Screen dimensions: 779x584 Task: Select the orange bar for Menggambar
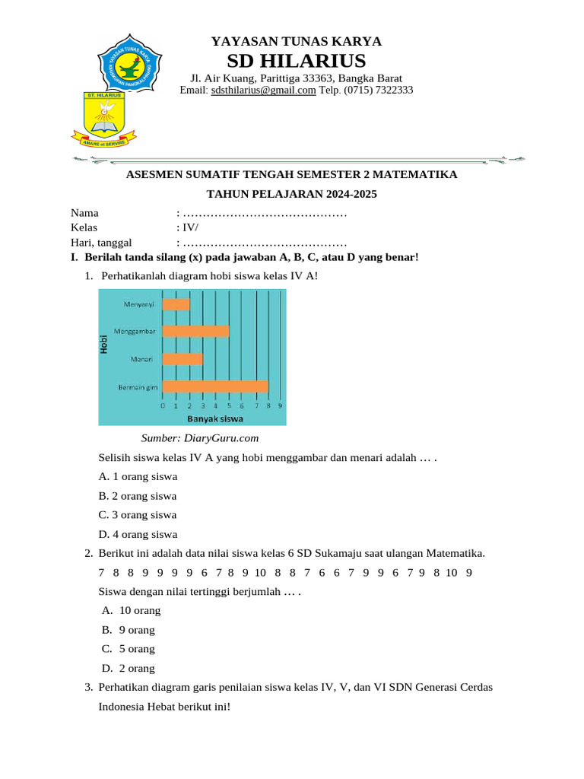pos(196,331)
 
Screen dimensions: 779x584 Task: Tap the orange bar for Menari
pos(183,358)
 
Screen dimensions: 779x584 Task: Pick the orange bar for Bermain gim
pos(215,386)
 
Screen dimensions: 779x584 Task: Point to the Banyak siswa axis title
pos(216,418)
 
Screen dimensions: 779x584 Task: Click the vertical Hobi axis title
pos(103,345)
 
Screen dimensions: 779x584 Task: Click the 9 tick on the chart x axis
pos(281,406)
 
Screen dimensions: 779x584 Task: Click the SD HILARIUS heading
pos(296,61)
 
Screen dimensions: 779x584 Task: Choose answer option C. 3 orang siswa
pos(138,515)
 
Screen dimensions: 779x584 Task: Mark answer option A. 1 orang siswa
pos(138,477)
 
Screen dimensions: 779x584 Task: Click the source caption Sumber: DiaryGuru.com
pos(200,438)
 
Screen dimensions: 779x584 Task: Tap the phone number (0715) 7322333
pos(379,90)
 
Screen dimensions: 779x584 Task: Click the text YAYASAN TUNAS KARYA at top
pos(296,41)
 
